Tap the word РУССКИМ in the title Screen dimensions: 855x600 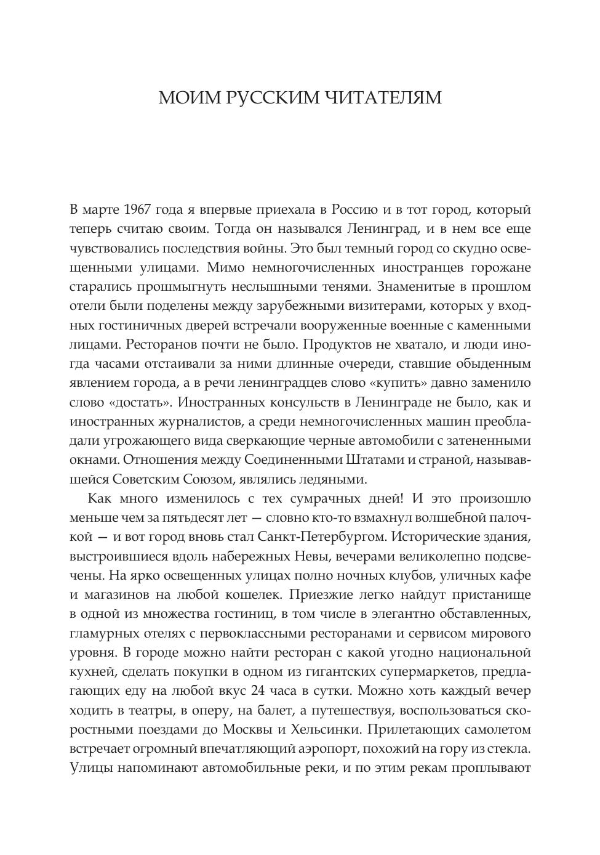click(x=270, y=98)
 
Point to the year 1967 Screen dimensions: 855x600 click(x=134, y=209)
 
